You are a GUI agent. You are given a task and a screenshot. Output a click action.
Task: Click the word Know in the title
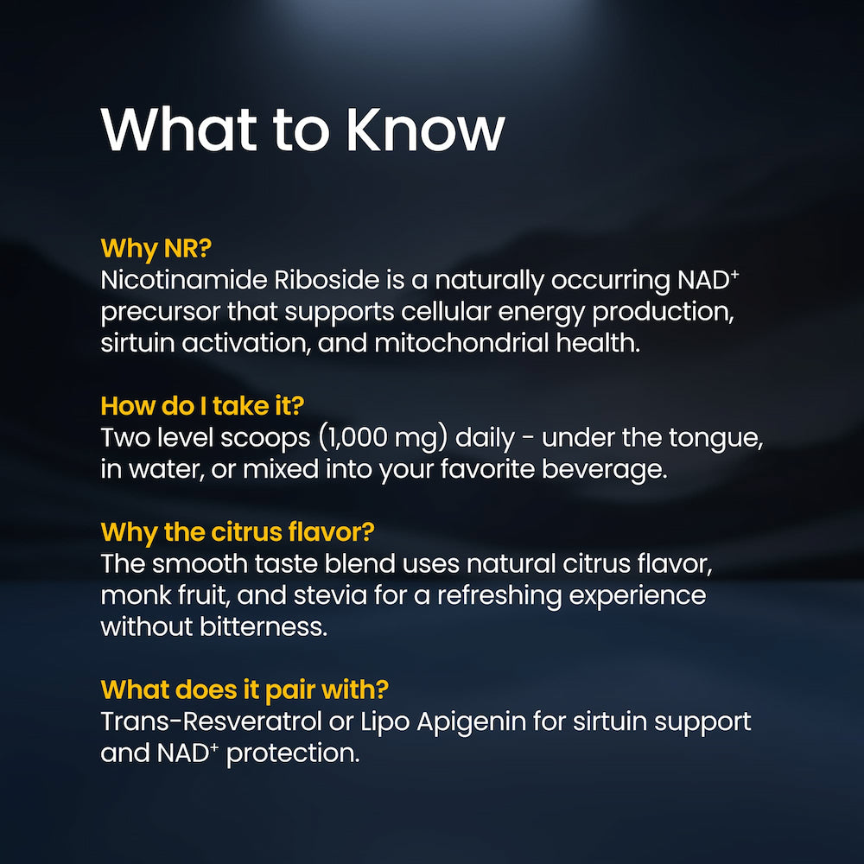pos(425,129)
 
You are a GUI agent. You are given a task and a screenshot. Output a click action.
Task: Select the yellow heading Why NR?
pos(156,248)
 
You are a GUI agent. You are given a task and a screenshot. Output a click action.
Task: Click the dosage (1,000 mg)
pos(383,438)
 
